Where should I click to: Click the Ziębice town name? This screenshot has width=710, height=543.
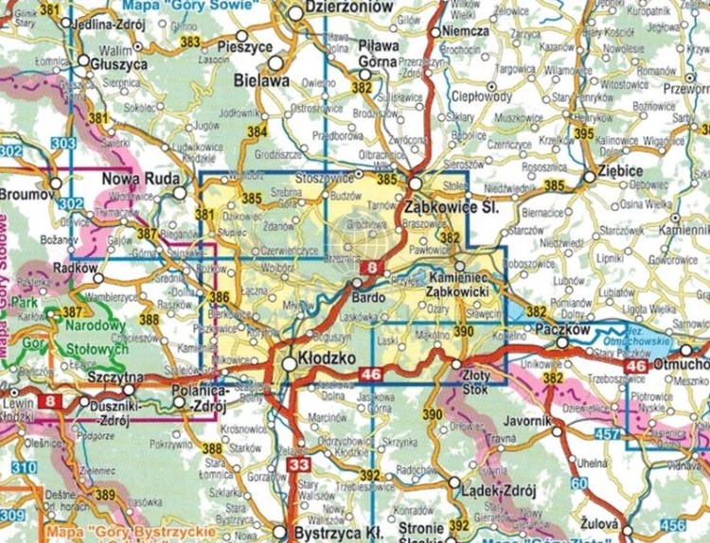point(610,174)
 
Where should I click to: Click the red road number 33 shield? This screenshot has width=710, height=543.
point(299,464)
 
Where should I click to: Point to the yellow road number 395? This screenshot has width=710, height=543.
point(584,134)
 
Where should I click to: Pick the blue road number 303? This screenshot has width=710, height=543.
point(62,143)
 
